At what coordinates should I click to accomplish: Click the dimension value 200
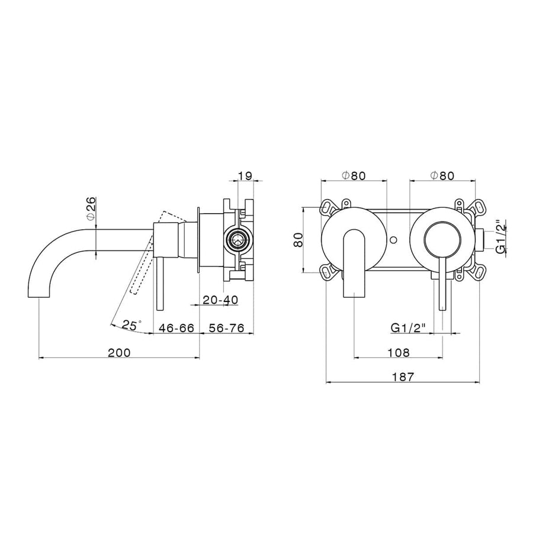coord(119,352)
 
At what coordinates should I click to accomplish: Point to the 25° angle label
coord(131,325)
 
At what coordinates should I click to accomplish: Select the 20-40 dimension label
coord(220,300)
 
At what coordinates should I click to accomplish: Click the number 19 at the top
coord(245,176)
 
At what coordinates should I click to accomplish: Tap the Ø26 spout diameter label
coord(91,209)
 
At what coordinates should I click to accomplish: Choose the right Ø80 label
coord(442,176)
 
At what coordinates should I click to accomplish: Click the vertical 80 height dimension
coord(299,239)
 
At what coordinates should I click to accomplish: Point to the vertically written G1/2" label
coord(501,237)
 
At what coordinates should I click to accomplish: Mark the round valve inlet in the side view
coord(238,240)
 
